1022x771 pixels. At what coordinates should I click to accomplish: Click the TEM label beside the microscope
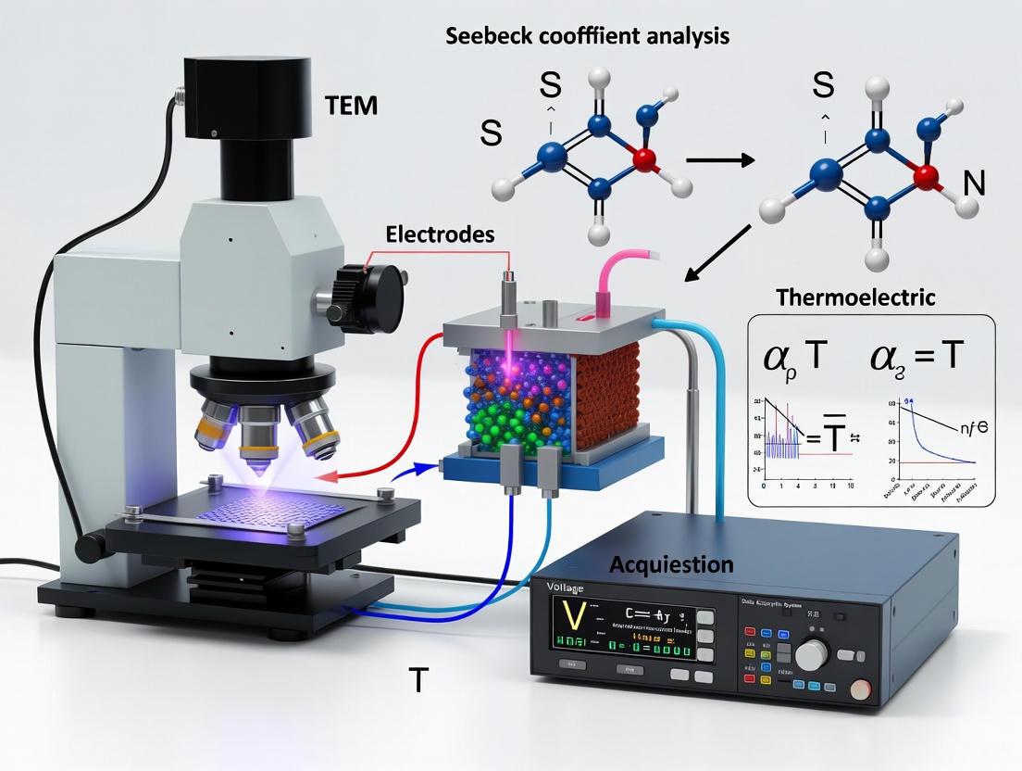352,105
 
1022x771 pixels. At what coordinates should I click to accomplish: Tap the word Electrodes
442,235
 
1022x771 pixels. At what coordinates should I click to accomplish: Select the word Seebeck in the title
492,37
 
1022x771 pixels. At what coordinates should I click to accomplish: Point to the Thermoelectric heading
855,298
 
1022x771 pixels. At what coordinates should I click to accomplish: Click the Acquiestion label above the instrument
671,564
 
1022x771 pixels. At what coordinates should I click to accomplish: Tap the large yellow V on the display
571,616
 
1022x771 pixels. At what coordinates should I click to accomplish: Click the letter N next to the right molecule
974,184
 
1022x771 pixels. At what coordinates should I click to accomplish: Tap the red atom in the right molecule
921,175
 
